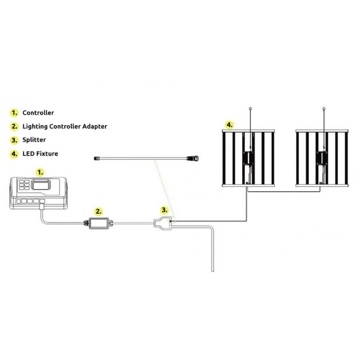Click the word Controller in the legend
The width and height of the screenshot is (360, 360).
38,113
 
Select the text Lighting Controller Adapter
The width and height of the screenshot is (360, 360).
65,126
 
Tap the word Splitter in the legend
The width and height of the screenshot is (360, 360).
34,140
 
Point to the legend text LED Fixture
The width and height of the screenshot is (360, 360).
40,153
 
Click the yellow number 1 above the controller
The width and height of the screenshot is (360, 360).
40,172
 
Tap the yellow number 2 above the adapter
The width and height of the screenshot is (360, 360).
99,211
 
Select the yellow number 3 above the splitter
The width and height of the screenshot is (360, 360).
164,210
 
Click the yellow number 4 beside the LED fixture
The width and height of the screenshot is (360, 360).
229,125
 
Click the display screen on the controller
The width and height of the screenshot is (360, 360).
41,184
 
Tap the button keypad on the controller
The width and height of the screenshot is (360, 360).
24,184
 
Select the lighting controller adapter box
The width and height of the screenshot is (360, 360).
98,223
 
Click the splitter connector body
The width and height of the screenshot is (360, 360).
162,223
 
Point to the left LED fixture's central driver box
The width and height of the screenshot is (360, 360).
248,158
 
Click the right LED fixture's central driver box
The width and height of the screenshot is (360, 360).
322,158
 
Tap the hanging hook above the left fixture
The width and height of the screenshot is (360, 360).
250,108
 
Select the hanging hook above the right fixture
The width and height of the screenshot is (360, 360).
324,108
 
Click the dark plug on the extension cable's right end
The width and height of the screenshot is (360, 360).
193,158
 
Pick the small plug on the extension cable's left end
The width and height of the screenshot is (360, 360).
97,158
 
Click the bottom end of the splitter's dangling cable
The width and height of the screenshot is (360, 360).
212,271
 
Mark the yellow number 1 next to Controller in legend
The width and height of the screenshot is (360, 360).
14,113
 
